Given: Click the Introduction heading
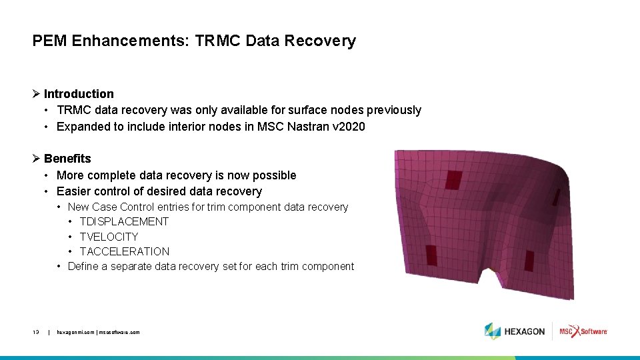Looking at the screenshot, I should [79, 94].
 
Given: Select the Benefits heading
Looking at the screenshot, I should [67, 159].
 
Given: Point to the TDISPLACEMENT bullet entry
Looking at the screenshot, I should [124, 221].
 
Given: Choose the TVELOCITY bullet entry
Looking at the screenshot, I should [109, 237].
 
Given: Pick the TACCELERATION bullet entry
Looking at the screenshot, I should [125, 251].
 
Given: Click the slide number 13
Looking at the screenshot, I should [35, 331].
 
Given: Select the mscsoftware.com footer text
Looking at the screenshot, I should [120, 331].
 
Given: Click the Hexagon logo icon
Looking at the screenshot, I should [493, 331].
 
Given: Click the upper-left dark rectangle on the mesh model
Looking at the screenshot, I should [453, 179].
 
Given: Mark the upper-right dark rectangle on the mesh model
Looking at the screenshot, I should [555, 196].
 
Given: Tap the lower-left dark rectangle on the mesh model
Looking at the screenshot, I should [431, 255].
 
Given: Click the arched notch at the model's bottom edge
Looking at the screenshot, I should [492, 276].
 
